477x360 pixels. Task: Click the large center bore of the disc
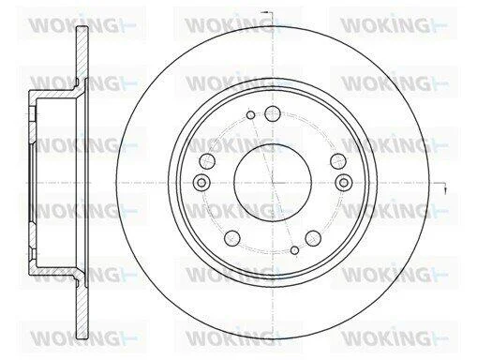pos(273,182)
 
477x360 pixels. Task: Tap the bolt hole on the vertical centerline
pos(273,113)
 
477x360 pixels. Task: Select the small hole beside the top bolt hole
pos(250,115)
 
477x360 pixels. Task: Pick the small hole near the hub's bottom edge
pos(294,250)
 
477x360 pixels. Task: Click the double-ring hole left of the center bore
pos(201,182)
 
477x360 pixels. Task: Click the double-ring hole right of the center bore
pos(344,182)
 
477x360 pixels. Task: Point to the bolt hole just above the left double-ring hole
pos(207,161)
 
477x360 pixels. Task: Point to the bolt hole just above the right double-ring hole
pos(338,161)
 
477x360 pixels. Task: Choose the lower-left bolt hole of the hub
pos(232,238)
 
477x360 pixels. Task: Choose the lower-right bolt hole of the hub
pos(313,238)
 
